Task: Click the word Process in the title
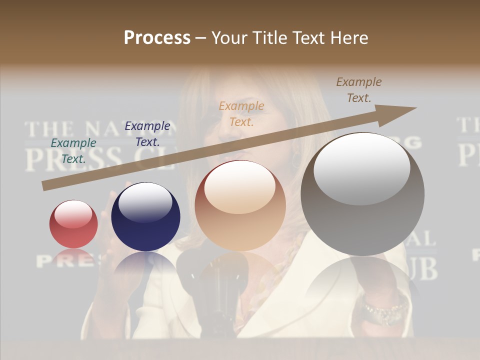[157, 37]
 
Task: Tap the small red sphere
[73, 224]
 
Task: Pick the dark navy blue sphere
[145, 216]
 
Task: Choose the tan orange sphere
[240, 205]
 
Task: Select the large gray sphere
[362, 194]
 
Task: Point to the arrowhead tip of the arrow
[415, 108]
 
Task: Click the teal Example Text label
[73, 151]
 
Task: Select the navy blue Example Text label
[147, 134]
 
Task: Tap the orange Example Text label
[241, 113]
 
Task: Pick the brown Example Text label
[358, 90]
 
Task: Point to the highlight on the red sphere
[73, 213]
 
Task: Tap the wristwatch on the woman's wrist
[385, 310]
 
